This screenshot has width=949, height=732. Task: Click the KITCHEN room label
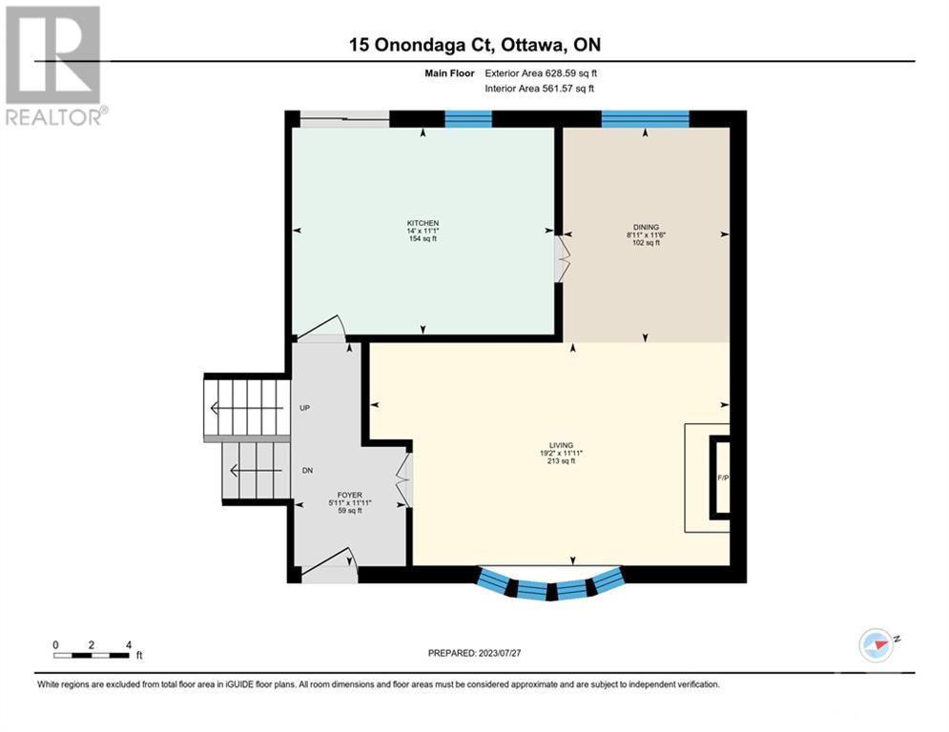point(423,223)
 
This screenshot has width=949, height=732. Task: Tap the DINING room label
point(646,228)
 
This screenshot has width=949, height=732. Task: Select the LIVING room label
point(561,445)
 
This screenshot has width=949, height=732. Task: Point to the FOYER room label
point(350,495)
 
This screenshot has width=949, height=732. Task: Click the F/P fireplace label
point(723,478)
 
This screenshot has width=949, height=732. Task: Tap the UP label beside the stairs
point(304,408)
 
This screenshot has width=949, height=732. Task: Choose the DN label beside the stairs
point(307,470)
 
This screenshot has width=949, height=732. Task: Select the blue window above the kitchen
point(468,118)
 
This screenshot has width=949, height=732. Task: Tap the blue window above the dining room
point(645,118)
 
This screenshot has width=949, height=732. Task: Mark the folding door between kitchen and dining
point(563,258)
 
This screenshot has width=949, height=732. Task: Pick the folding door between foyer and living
point(404,480)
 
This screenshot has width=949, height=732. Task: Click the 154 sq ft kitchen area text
point(423,239)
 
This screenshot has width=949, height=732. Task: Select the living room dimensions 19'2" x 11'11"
point(561,453)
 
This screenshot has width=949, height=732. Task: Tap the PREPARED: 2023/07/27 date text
point(475,653)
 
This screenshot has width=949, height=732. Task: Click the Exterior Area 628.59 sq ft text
point(541,73)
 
